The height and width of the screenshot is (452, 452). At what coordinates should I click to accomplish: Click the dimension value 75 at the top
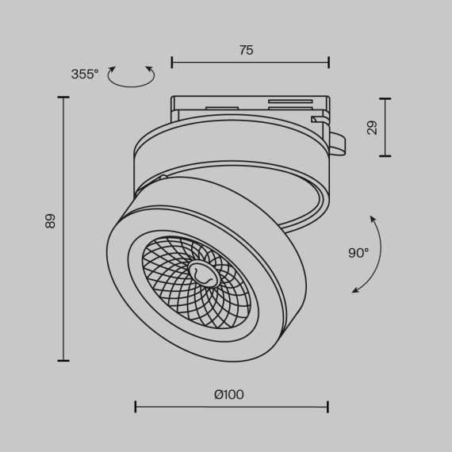point(246,50)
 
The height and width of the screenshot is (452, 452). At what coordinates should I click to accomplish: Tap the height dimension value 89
point(51,221)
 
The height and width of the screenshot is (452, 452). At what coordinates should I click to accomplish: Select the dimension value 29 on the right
point(372,128)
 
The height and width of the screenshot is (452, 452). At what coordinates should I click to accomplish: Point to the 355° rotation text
point(85,74)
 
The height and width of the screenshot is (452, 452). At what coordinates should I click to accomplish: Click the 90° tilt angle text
point(358,253)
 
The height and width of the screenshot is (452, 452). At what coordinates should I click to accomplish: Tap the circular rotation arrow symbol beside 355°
point(131,77)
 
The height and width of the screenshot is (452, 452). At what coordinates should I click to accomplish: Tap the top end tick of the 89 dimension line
point(63,98)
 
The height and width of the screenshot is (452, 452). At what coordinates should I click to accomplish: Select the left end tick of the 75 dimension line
point(172,61)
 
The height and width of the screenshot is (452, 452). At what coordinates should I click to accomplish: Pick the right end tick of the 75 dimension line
point(328,61)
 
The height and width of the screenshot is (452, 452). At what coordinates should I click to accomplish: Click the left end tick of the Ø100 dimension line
point(136,407)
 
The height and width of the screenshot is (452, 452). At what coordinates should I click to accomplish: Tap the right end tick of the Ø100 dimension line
point(328,407)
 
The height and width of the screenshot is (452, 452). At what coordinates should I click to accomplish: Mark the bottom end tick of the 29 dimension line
point(385,155)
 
